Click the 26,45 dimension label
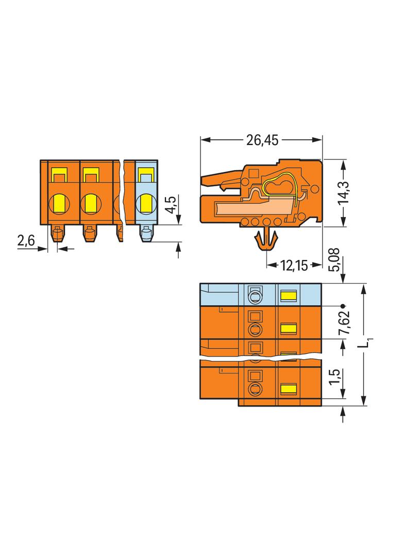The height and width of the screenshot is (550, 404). point(262,140)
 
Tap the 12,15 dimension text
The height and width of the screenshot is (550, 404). point(294,266)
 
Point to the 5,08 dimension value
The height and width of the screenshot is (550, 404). point(334,260)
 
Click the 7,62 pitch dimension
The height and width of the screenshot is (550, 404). point(344,322)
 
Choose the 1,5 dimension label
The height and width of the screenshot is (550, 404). point(334,377)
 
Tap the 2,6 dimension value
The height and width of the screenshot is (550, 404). point(26,241)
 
